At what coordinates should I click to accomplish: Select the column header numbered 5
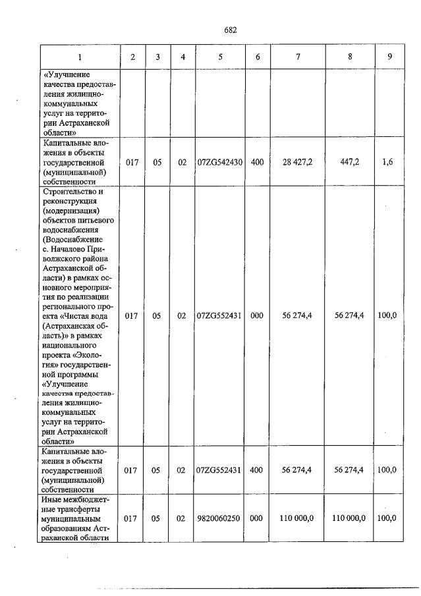click(x=220, y=57)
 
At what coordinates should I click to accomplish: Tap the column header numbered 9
click(x=390, y=57)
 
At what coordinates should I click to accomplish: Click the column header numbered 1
click(x=80, y=57)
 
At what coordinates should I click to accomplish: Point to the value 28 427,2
click(x=298, y=161)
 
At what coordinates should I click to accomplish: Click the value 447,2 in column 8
click(x=349, y=161)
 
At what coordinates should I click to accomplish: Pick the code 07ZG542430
click(x=220, y=161)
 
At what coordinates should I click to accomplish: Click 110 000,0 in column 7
click(x=296, y=518)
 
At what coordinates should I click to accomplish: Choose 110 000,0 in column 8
click(x=349, y=518)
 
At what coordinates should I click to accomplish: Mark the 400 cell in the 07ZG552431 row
click(x=257, y=470)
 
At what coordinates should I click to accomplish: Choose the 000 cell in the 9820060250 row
click(x=257, y=518)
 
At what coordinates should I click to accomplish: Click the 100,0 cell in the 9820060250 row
click(x=387, y=518)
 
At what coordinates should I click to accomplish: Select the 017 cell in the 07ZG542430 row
click(x=132, y=161)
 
